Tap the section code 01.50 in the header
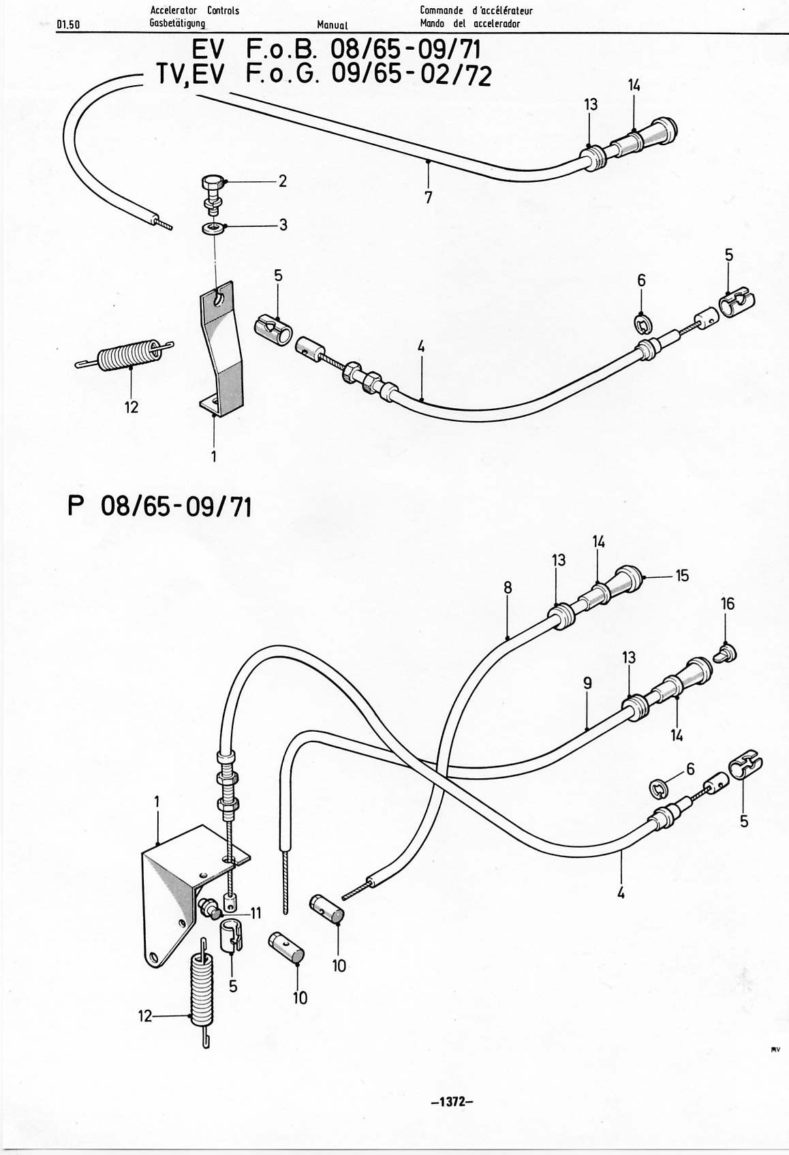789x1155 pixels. pyautogui.click(x=69, y=25)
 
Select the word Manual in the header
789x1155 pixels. pyautogui.click(x=332, y=25)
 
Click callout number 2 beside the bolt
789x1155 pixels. pyautogui.click(x=282, y=181)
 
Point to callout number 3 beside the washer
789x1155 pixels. pyautogui.click(x=283, y=225)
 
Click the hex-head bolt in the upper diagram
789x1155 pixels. pyautogui.click(x=213, y=194)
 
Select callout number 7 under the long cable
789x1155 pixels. pyautogui.click(x=429, y=198)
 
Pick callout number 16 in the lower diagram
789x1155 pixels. pyautogui.click(x=728, y=603)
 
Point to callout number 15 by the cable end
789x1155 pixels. pyautogui.click(x=682, y=575)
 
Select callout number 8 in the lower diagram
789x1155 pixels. pyautogui.click(x=508, y=587)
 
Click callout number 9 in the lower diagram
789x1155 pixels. pyautogui.click(x=587, y=683)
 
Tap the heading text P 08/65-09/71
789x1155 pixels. pyautogui.click(x=160, y=506)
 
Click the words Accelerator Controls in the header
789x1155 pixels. pyautogui.click(x=194, y=10)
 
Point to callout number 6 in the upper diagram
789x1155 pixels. pyautogui.click(x=641, y=281)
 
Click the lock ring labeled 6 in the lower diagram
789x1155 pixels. pyautogui.click(x=658, y=787)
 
